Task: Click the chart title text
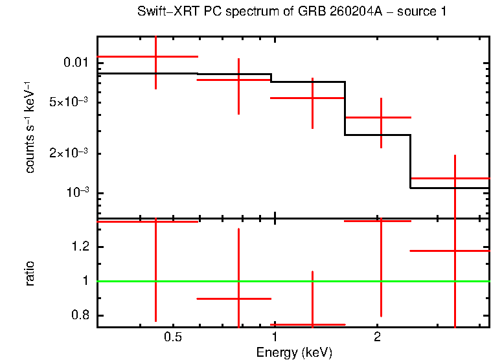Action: click(x=291, y=12)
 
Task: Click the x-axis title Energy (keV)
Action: click(x=294, y=352)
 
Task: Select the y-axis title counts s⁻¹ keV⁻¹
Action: click(x=30, y=127)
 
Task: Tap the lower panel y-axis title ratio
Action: click(x=30, y=274)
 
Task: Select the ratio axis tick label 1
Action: click(x=84, y=281)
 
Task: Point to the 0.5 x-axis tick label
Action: click(x=172, y=337)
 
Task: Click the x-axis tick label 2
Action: click(x=377, y=337)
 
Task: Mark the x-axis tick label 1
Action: click(x=275, y=337)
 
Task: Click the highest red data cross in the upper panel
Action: click(x=155, y=57)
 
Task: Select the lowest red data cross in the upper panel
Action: click(x=455, y=178)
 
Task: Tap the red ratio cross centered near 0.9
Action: click(x=239, y=298)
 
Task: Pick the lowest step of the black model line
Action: click(x=450, y=188)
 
